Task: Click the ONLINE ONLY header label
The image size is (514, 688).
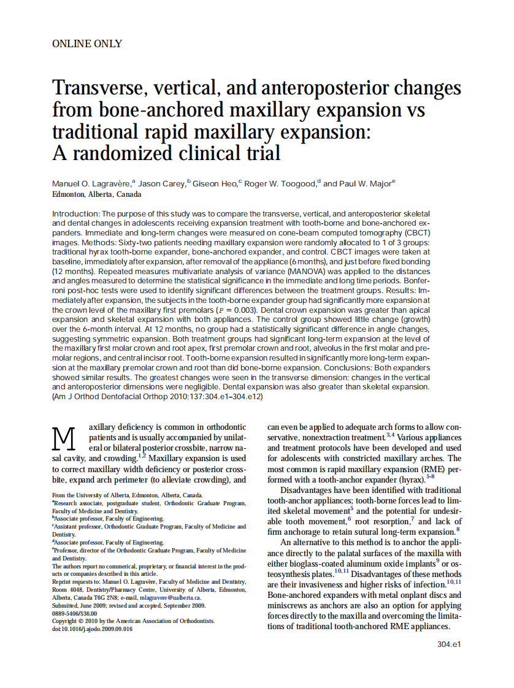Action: point(87,44)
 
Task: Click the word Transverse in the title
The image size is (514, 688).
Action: point(98,88)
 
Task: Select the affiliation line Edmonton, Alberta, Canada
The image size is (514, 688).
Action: point(96,194)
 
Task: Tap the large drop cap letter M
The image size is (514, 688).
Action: point(64,438)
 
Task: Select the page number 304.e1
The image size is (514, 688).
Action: point(448,644)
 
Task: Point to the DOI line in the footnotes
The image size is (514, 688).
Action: point(92,629)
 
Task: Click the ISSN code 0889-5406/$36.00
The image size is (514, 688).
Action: point(74,613)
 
